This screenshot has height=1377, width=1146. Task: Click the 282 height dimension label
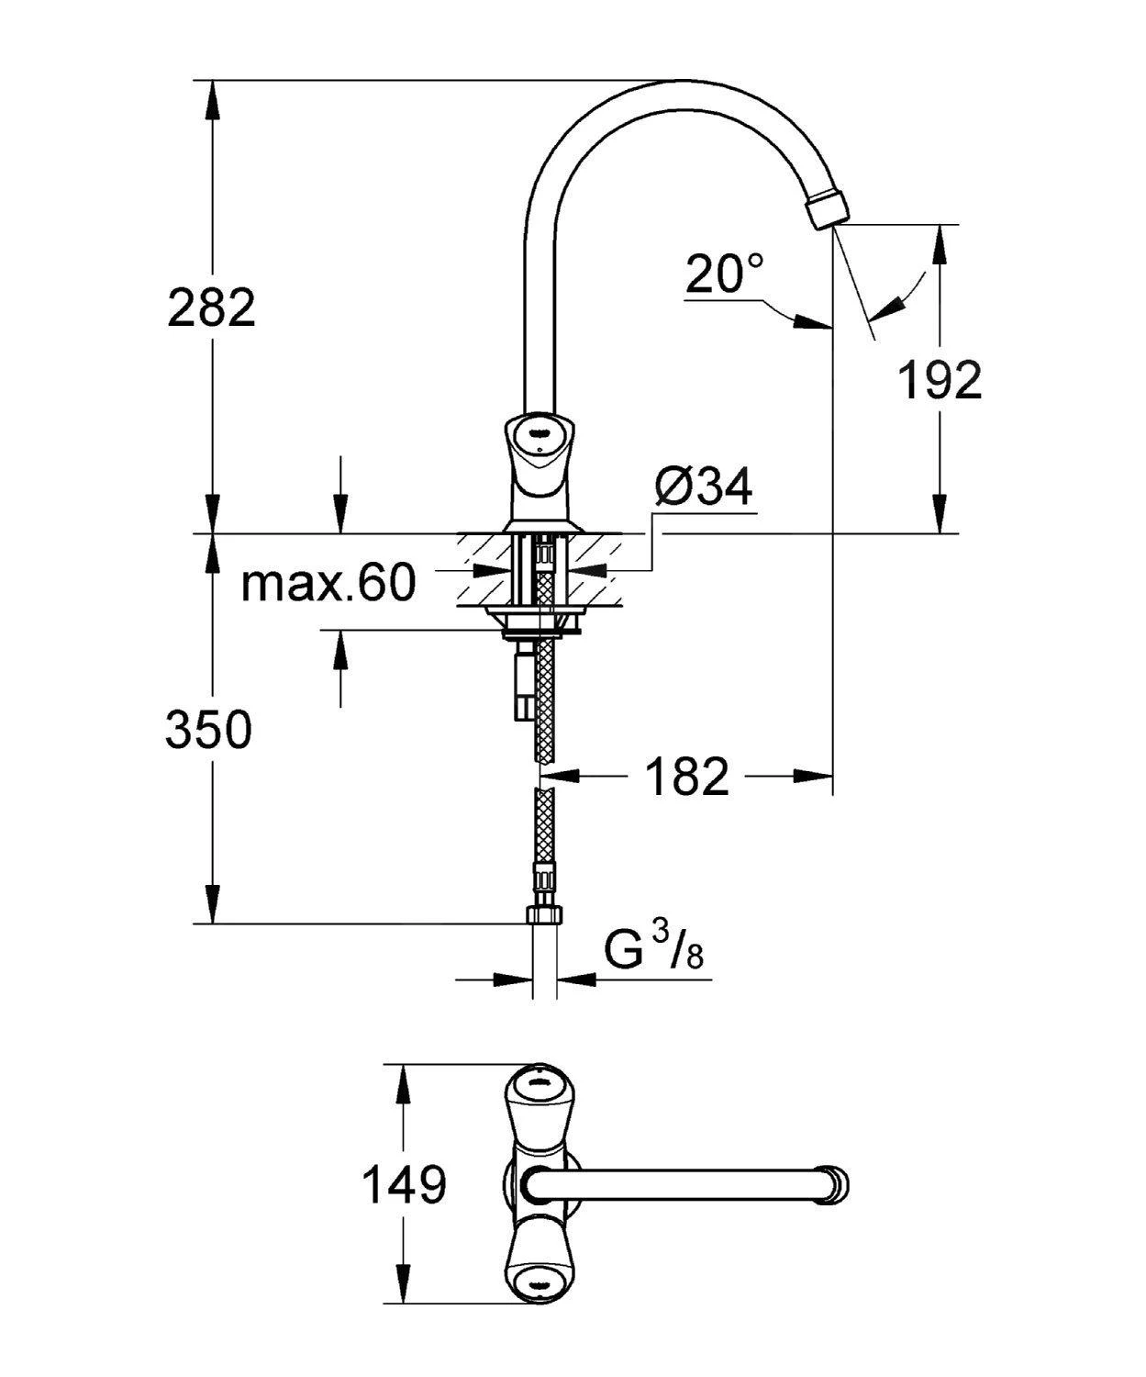coord(211,308)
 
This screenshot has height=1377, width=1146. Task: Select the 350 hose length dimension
coord(208,731)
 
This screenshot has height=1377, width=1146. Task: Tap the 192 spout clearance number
coord(940,380)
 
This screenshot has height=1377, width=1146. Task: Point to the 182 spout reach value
coord(687,777)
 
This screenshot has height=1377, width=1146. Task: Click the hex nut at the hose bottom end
coord(544,915)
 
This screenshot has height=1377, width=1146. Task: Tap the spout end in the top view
coord(836,1183)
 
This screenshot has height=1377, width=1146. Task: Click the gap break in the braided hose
coord(545,778)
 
